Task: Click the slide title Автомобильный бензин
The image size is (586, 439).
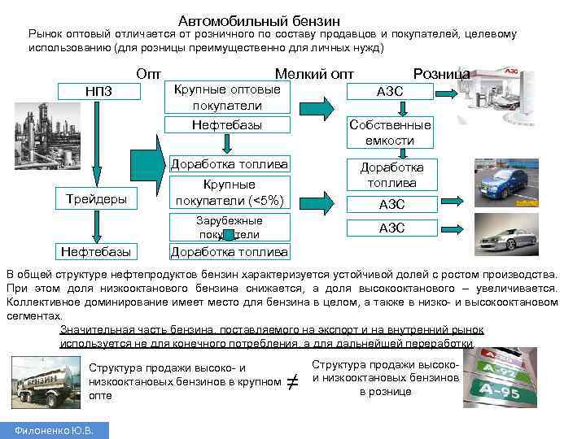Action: (x=259, y=20)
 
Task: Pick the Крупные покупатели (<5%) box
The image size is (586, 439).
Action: (x=229, y=193)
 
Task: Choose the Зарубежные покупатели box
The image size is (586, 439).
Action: (x=229, y=227)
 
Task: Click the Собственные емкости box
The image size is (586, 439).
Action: (x=391, y=132)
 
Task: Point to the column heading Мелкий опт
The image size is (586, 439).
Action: (x=315, y=73)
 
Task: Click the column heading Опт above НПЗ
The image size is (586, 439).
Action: (x=149, y=73)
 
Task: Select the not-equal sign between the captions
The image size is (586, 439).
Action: (x=293, y=380)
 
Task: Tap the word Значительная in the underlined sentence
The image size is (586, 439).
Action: (x=90, y=330)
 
